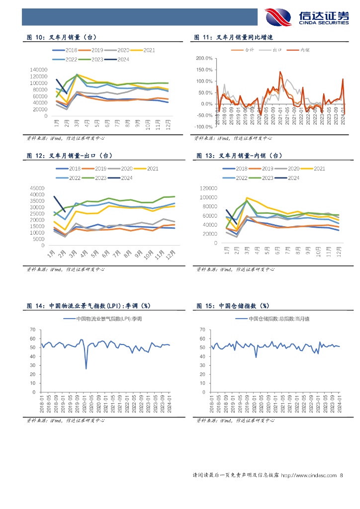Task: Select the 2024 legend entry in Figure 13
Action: (288, 177)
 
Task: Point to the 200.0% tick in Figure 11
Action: (205, 58)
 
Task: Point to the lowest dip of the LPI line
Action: (86, 368)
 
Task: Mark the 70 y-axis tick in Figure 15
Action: (203, 330)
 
